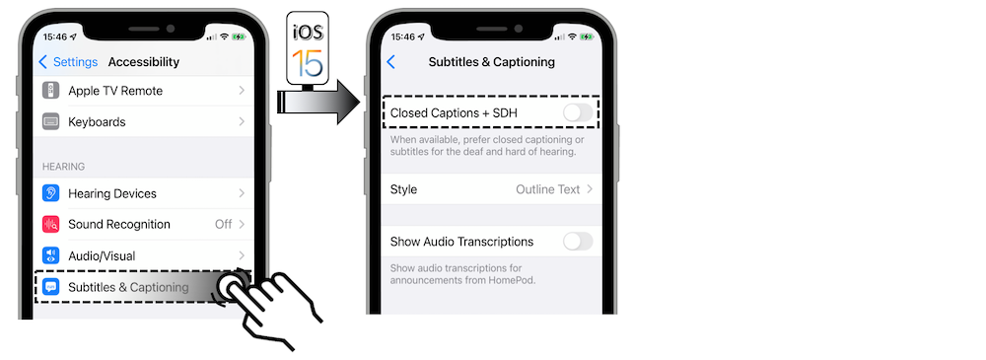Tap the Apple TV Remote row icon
pos(51,91)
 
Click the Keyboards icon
pos(51,122)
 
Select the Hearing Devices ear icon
pos(51,193)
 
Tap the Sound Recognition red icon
pos(51,225)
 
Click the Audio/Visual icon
pos(51,255)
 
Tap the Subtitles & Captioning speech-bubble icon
pos(51,287)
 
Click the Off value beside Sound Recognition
pos(223,225)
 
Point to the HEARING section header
pos(63,167)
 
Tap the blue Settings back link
pos(69,62)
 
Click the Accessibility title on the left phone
pos(144,62)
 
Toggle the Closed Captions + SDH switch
pos(577,113)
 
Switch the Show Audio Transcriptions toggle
pos(577,242)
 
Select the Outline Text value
pos(548,189)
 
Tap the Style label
pos(404,189)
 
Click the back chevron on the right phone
pos(391,62)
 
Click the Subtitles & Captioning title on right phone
pos(492,62)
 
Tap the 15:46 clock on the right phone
pos(402,36)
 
